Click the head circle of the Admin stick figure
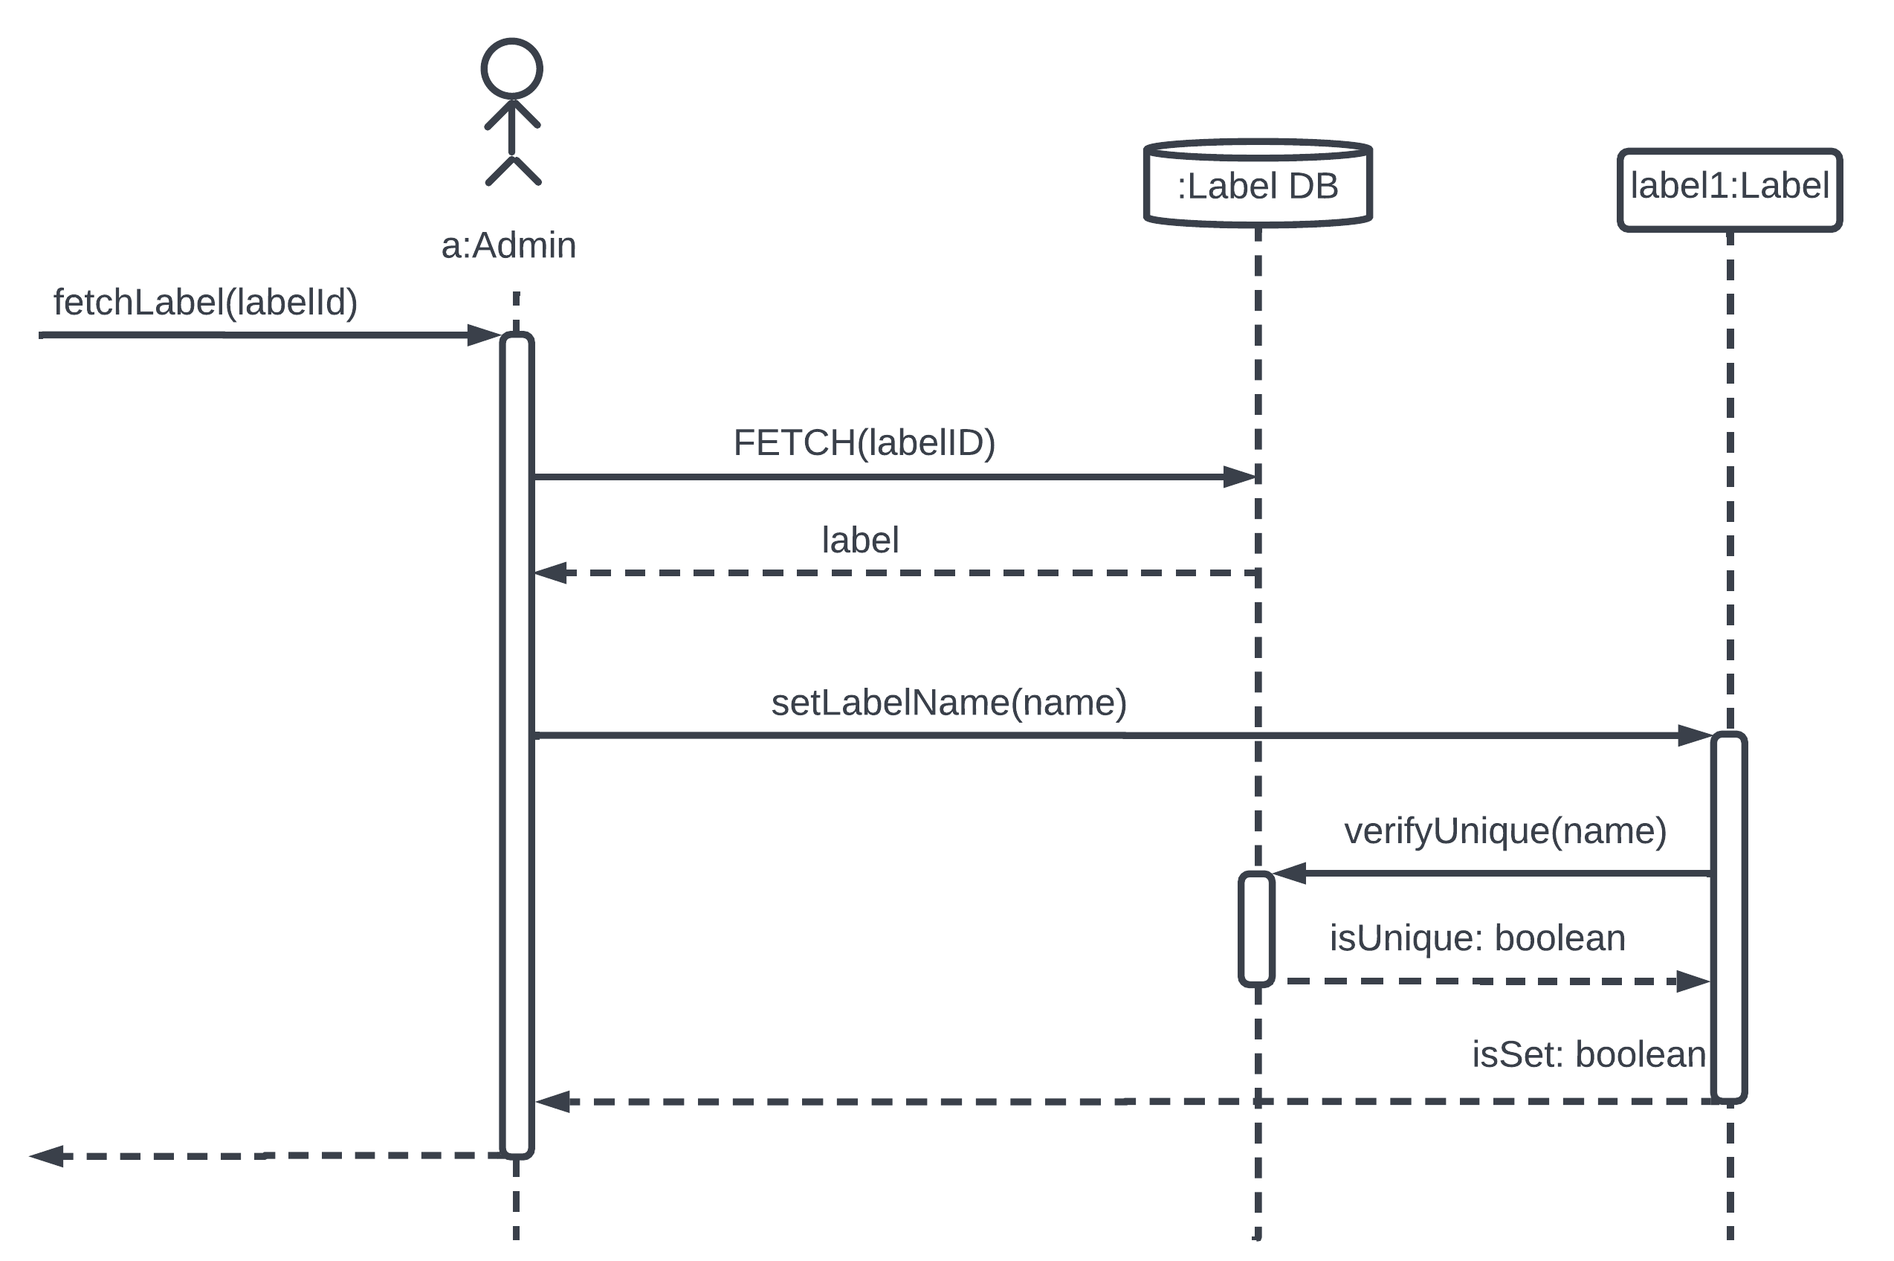pyautogui.click(x=511, y=68)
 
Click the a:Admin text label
pyautogui.click(x=508, y=245)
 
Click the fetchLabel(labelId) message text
pyautogui.click(x=205, y=303)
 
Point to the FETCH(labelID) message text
pyautogui.click(x=864, y=442)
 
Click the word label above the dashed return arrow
pyautogui.click(x=859, y=540)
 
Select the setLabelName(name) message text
pyautogui.click(x=948, y=702)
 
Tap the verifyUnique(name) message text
pyautogui.click(x=1505, y=831)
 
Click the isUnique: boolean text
pyautogui.click(x=1477, y=938)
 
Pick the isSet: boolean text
pyautogui.click(x=1588, y=1054)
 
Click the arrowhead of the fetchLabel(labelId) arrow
pyautogui.click(x=484, y=335)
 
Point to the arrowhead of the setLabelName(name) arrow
pyautogui.click(x=1693, y=735)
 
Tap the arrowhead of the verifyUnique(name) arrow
pyautogui.click(x=1290, y=874)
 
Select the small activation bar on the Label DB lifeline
pyautogui.click(x=1255, y=929)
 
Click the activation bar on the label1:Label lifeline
pyautogui.click(x=1727, y=917)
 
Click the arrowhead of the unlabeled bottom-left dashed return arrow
pyautogui.click(x=47, y=1156)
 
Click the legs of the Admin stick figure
pyautogui.click(x=513, y=170)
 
